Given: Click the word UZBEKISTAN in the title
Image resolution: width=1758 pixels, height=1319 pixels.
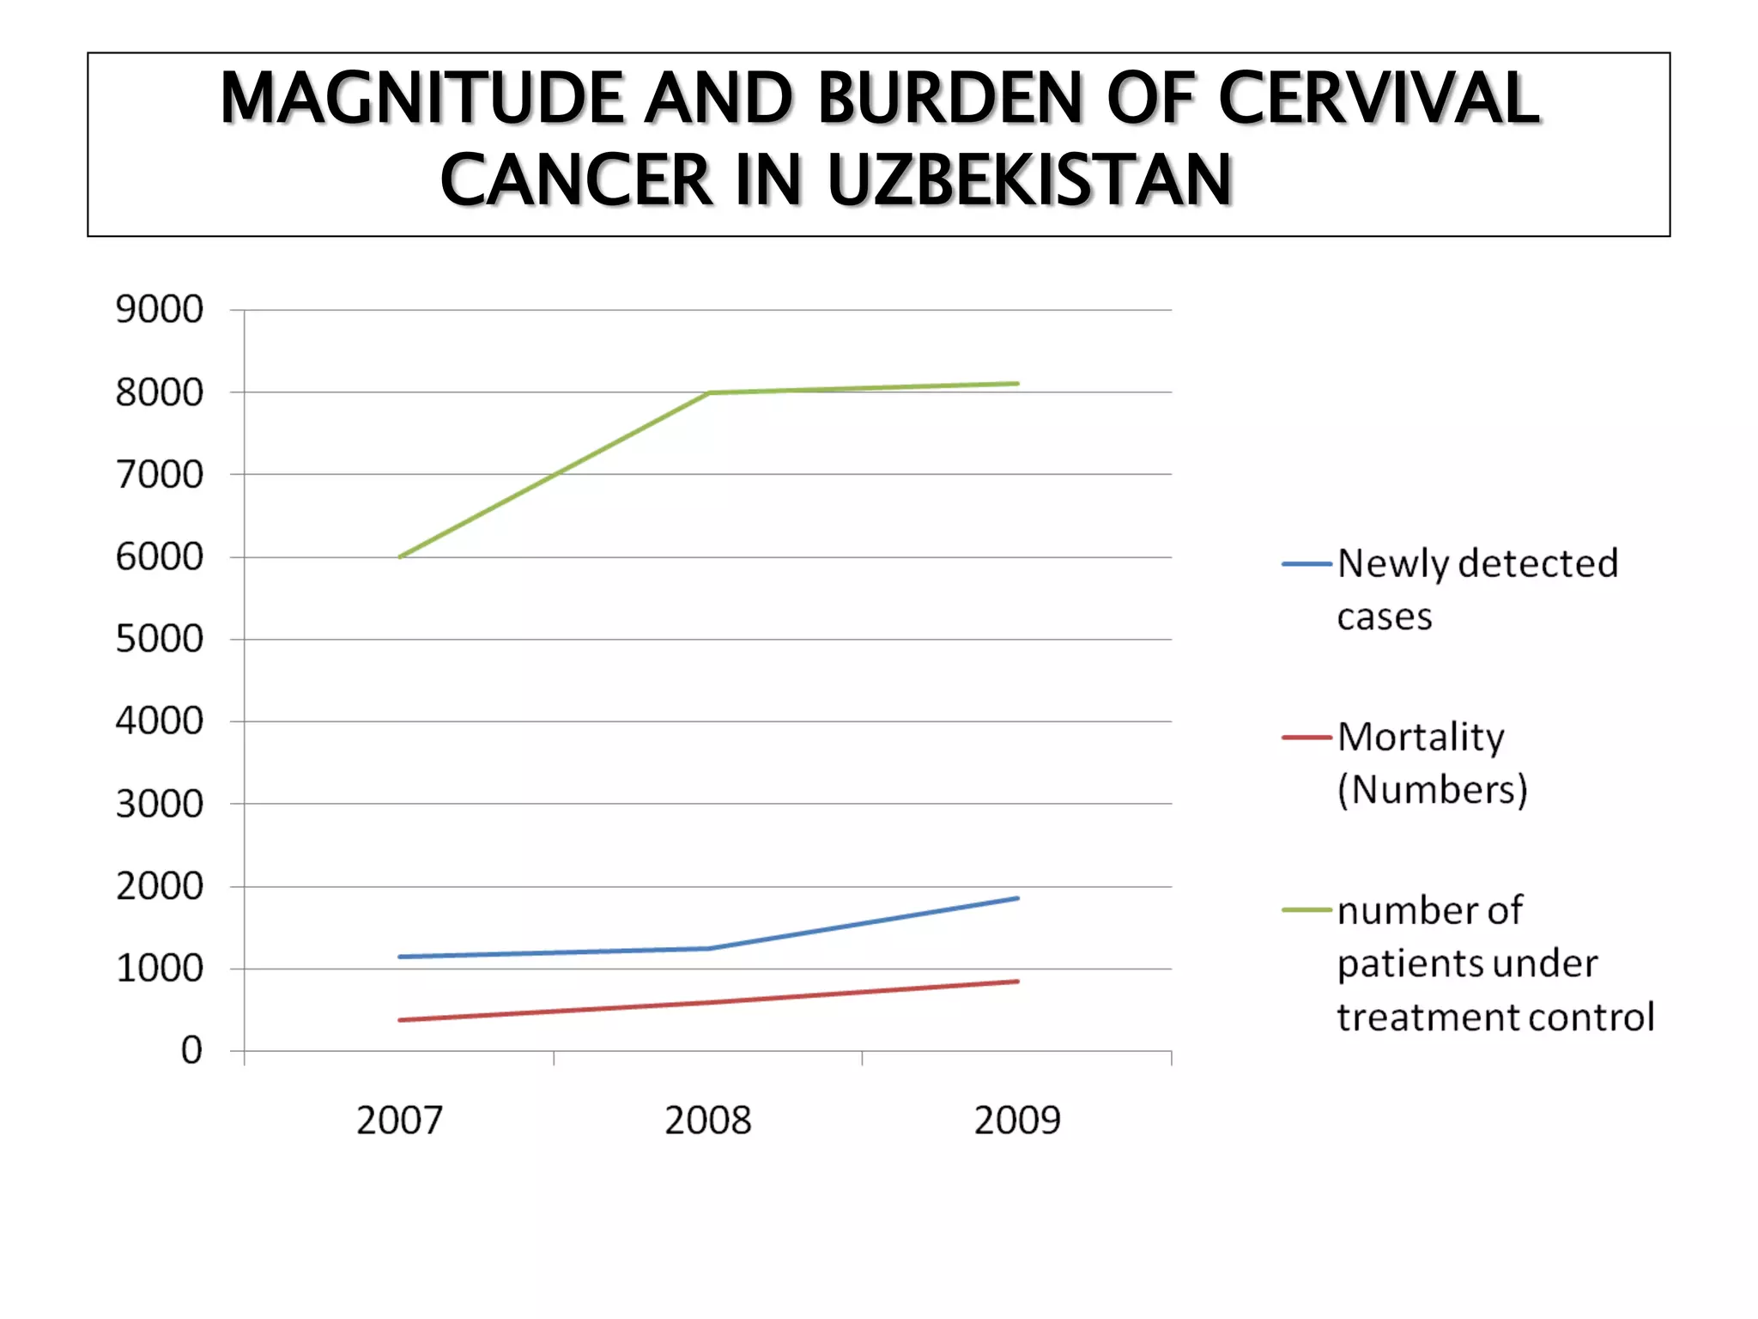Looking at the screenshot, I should [x=1029, y=181].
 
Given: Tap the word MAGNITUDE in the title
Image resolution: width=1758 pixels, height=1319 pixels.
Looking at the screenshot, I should [x=421, y=98].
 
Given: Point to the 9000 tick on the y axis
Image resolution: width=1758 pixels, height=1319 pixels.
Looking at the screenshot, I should [x=160, y=309].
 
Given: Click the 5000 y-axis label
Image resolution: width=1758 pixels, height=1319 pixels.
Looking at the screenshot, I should [x=160, y=639].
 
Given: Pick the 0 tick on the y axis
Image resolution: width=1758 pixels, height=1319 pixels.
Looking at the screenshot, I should [x=191, y=1050].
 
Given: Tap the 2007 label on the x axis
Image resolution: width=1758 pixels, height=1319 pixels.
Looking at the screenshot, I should [x=399, y=1121].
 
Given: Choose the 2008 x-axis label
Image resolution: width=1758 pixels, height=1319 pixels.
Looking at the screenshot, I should [x=708, y=1121].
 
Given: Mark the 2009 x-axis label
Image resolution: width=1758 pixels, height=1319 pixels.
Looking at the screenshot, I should [x=1017, y=1121].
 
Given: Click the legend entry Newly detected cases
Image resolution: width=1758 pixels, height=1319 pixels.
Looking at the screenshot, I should [x=1476, y=589].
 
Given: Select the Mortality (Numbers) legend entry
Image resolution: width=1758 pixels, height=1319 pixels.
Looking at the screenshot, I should [x=1432, y=763].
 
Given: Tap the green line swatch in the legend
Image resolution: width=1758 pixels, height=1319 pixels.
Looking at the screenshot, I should [x=1306, y=910].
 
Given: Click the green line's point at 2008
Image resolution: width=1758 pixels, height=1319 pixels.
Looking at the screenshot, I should [x=709, y=392].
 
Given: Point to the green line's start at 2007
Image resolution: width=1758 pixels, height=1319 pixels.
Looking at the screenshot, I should [x=400, y=556].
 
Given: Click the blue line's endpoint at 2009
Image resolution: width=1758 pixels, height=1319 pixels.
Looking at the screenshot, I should [x=1017, y=898].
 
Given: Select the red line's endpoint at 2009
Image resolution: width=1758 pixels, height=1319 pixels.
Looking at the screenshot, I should [x=1017, y=981].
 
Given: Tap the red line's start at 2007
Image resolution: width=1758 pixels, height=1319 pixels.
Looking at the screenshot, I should [x=400, y=1020].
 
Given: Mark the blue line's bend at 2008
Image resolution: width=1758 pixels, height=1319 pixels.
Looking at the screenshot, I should [x=709, y=948].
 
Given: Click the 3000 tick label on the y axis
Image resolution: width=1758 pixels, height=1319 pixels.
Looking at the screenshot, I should [x=160, y=804].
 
